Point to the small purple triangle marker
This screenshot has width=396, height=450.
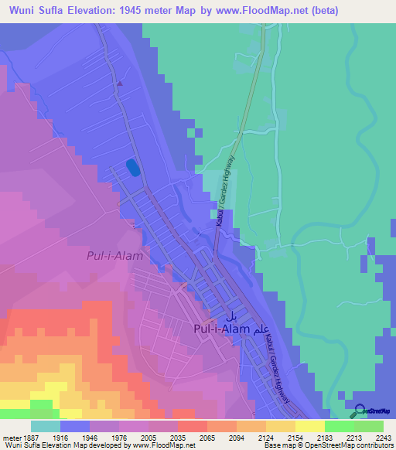120,84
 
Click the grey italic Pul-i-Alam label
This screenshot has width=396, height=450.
112,254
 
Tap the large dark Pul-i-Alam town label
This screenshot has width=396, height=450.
221,329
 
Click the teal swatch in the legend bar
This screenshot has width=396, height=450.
45,426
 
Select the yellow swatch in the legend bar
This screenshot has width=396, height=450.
309,426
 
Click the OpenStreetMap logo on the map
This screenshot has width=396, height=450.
370,411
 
